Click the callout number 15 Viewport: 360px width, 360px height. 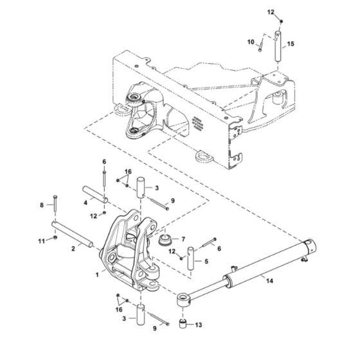point(291,44)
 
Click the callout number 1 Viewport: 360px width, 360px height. point(97,273)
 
